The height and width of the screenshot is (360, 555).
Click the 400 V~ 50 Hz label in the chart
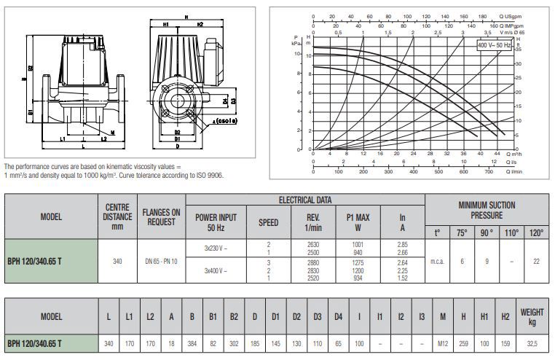[x=493, y=44]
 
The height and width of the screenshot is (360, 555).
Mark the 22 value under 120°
[x=537, y=261]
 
